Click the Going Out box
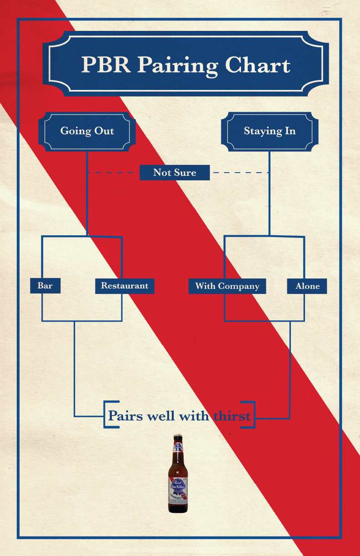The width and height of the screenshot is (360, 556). tap(87, 131)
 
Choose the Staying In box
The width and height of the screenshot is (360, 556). tap(270, 131)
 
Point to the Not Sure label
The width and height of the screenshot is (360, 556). tap(175, 173)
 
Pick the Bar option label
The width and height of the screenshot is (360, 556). tap(45, 286)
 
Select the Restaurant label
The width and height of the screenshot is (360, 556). tap(125, 286)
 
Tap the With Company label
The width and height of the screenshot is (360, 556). tap(227, 286)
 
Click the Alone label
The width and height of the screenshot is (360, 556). tap(307, 286)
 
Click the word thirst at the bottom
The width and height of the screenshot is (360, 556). tap(232, 416)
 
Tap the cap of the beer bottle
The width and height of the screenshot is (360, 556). tap(178, 437)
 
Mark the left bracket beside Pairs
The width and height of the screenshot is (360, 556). tap(106, 414)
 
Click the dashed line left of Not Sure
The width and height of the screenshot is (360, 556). tap(114, 173)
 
